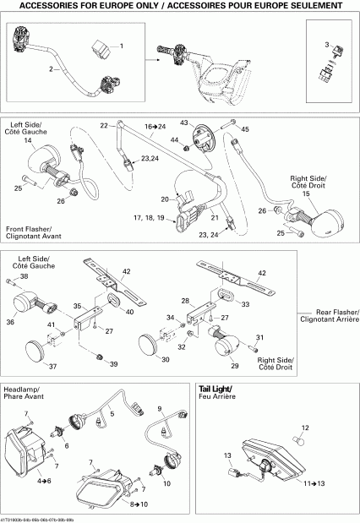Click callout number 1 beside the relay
120,45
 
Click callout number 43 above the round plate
183,123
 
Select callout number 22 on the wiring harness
105,125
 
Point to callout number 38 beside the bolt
24,276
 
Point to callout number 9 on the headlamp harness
158,409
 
